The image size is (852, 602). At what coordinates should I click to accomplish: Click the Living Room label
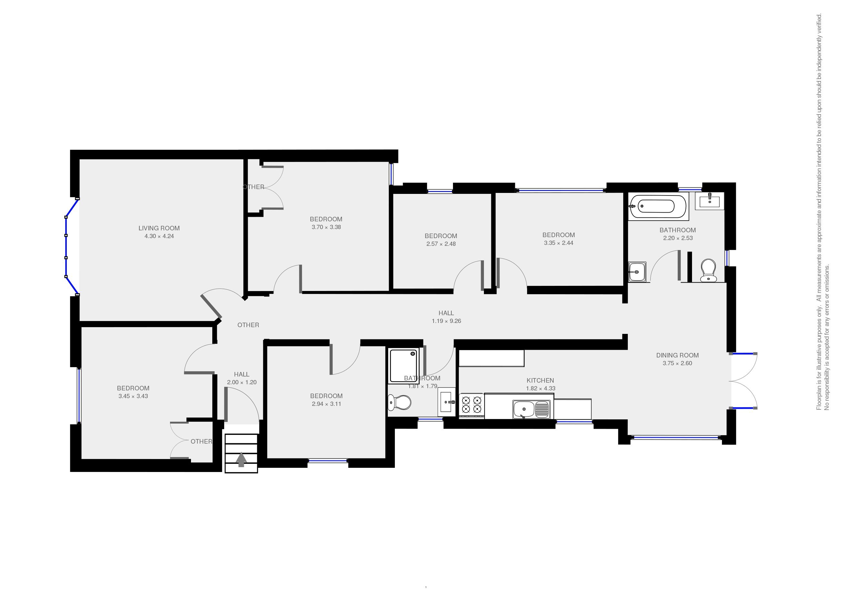point(159,228)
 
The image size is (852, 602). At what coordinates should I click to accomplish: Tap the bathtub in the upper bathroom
point(658,206)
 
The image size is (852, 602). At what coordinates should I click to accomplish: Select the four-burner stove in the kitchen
point(472,405)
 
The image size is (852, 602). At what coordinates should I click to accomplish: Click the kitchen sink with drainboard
point(531,409)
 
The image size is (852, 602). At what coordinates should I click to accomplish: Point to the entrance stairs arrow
point(241,459)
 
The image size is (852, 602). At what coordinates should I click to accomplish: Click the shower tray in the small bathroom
point(403,366)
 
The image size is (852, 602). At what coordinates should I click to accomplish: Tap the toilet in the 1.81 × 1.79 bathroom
point(400,402)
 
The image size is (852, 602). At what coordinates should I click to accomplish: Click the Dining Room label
point(677,355)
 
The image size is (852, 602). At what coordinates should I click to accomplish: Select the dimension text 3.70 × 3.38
point(326,227)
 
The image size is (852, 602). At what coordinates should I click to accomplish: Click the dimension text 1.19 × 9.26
point(446,321)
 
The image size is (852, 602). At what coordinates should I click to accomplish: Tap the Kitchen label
point(540,380)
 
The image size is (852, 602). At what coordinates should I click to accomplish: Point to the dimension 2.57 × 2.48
point(441,244)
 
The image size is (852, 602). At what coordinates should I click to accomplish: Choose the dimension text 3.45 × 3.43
point(133,396)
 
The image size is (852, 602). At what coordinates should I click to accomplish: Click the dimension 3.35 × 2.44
point(558,243)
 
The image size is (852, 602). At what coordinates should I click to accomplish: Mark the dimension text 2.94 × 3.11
point(326,404)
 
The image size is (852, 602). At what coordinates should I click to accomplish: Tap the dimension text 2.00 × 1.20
point(242,382)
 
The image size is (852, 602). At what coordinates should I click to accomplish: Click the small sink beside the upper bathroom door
point(637,272)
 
